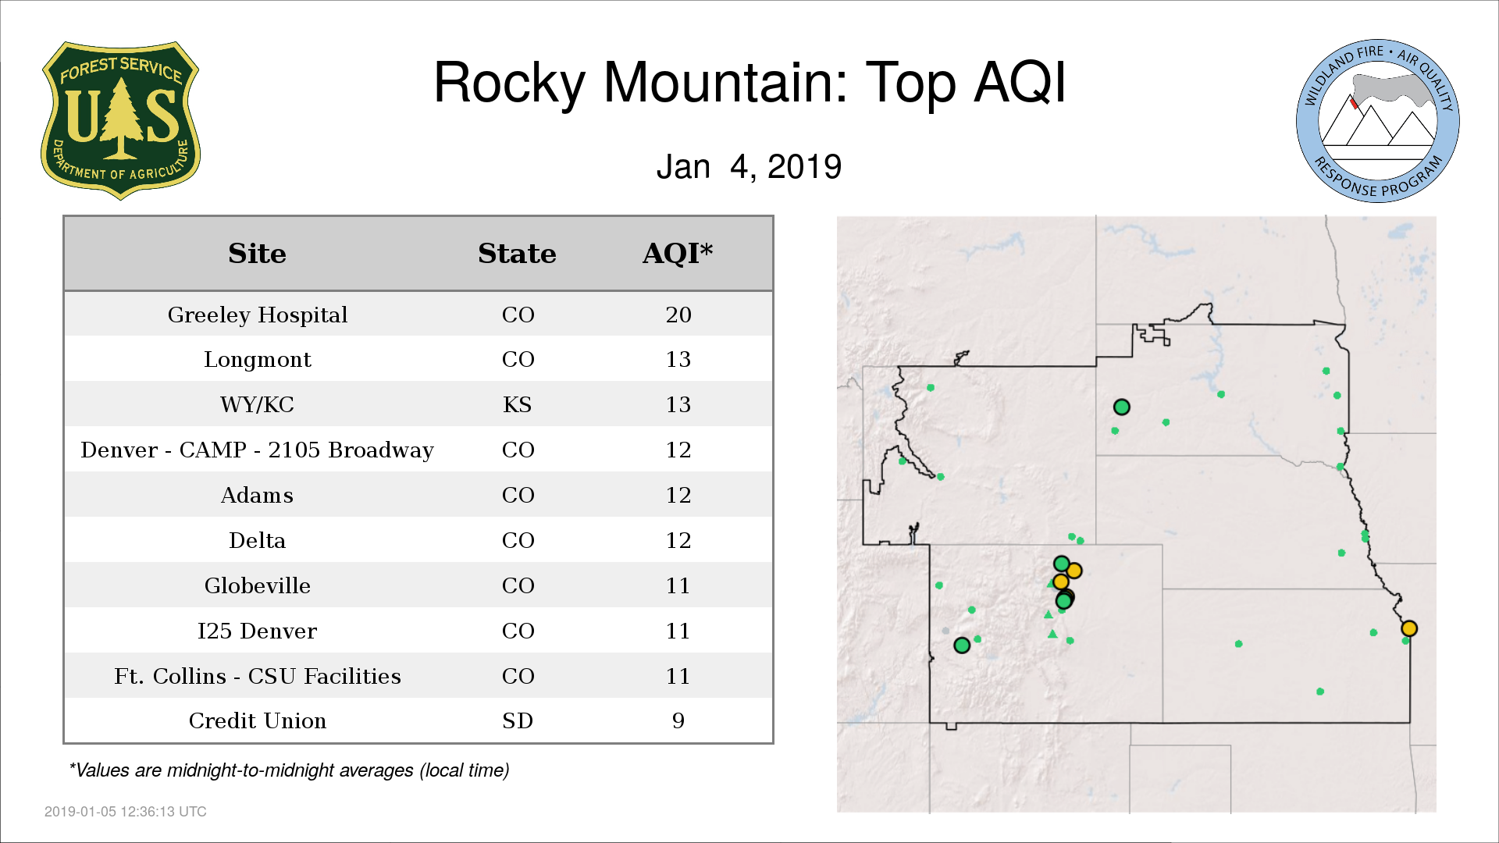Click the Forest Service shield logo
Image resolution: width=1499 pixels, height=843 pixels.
tap(120, 120)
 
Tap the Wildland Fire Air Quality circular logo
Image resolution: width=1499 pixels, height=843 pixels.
tap(1378, 121)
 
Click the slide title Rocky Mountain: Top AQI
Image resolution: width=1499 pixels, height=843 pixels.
tap(749, 82)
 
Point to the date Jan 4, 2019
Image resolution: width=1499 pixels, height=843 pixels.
tap(749, 166)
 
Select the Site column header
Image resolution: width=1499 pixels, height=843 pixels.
tap(257, 254)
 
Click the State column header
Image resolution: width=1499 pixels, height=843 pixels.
tap(517, 254)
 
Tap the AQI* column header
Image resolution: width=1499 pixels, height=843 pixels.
tap(678, 254)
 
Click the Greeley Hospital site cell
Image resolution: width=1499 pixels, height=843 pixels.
tap(257, 315)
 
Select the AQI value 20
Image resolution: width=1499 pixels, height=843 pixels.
tap(678, 315)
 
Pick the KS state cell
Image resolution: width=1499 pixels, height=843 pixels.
tap(518, 404)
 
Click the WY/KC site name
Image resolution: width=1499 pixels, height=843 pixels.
tap(257, 404)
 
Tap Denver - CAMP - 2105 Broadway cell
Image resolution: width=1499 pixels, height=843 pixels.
tap(257, 450)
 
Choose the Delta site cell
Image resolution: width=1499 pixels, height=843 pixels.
tap(257, 540)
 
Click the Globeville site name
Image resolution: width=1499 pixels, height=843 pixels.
tap(257, 585)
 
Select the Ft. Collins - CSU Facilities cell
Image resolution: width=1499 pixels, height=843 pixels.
tap(257, 676)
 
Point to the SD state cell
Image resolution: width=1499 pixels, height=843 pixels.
tap(518, 720)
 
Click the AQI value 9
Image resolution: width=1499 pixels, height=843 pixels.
tap(678, 720)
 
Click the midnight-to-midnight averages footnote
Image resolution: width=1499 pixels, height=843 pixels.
tap(289, 770)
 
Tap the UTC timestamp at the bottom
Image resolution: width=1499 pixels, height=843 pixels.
tap(126, 812)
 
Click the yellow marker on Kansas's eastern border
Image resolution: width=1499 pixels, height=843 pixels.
tap(1409, 628)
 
